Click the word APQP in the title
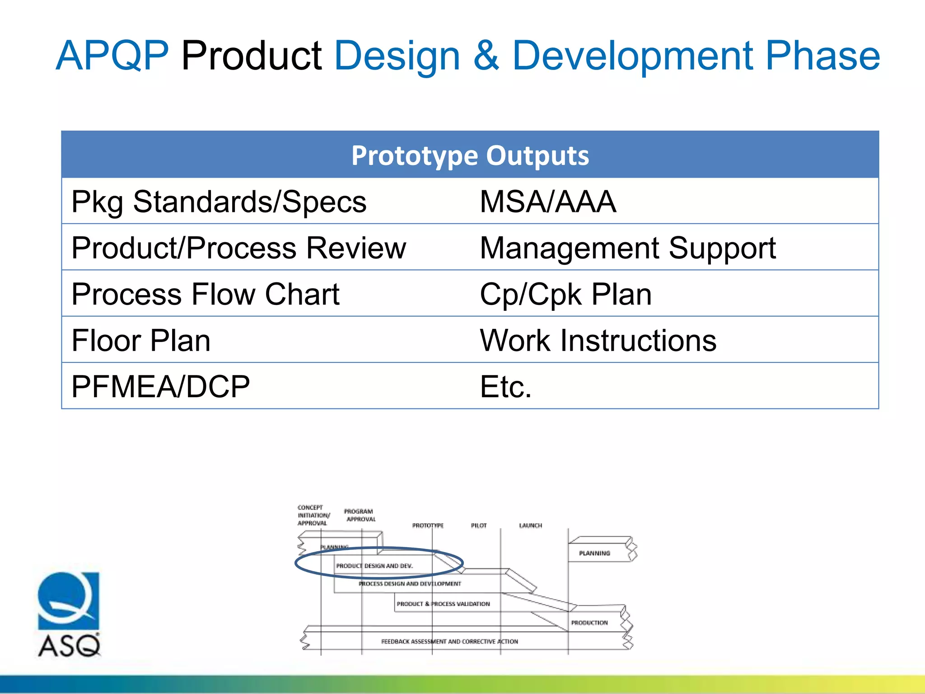pos(112,56)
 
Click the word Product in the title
pos(251,56)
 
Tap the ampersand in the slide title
pos(486,56)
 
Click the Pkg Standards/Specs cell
pos(219,202)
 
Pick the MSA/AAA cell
pos(547,202)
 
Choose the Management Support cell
pos(627,248)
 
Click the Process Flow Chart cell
pos(205,294)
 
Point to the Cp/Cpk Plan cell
pos(565,294)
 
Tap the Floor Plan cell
pos(141,340)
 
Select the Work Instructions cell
pos(598,340)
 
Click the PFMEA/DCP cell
pos(160,387)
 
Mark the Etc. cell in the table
pos(505,387)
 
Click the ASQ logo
pos(69,614)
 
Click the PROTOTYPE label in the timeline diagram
pos(428,525)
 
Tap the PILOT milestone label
pos(479,525)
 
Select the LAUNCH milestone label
pos(530,525)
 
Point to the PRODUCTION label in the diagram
pos(589,623)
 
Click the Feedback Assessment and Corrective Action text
pos(449,642)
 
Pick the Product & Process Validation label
pos(443,604)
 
